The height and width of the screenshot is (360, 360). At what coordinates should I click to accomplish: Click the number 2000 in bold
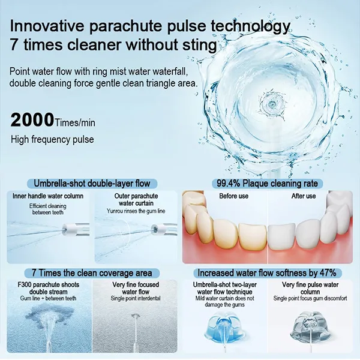pos(32,119)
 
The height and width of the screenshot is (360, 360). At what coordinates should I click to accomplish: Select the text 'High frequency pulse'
pos(52,140)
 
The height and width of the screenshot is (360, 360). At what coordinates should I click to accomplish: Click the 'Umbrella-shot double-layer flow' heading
pos(92,184)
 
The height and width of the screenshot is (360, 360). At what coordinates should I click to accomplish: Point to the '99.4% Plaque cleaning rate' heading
pos(267,184)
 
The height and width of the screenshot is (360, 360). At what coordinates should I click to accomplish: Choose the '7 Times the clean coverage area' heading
pos(92,273)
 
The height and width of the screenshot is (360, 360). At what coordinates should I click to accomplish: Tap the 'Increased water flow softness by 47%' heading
pos(267,273)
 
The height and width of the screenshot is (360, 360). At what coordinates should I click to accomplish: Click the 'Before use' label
pos(234,196)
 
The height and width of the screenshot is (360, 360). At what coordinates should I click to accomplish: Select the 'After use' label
pos(304,196)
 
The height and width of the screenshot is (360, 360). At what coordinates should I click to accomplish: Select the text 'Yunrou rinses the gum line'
pos(136,211)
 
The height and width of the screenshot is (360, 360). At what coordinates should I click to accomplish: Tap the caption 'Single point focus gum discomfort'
pos(310,298)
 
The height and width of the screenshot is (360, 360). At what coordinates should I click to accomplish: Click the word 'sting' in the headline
pos(200,45)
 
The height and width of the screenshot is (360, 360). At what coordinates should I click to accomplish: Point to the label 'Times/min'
pos(74,122)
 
